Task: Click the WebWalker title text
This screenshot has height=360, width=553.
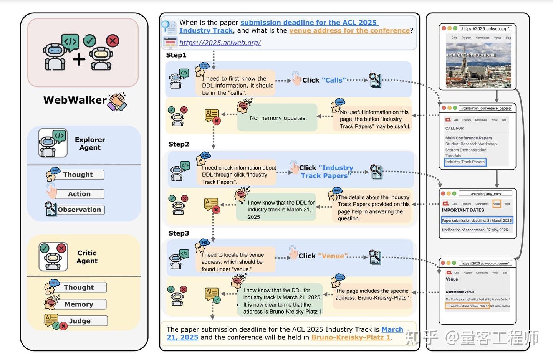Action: pyautogui.click(x=75, y=100)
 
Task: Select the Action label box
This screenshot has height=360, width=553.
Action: pyautogui.click(x=79, y=194)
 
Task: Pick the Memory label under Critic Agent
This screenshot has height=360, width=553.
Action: pyautogui.click(x=79, y=304)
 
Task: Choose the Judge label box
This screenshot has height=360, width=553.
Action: pyautogui.click(x=80, y=321)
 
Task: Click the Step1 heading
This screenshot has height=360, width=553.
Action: pyautogui.click(x=176, y=55)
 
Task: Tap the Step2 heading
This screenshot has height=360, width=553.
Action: pyautogui.click(x=179, y=144)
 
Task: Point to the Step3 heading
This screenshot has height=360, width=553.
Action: pyautogui.click(x=179, y=233)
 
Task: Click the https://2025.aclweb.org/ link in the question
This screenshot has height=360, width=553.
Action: pyautogui.click(x=220, y=43)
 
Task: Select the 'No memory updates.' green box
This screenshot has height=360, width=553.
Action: pyautogui.click(x=278, y=118)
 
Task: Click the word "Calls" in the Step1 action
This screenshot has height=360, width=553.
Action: pyautogui.click(x=334, y=80)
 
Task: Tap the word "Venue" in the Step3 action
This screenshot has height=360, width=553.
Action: pyautogui.click(x=333, y=256)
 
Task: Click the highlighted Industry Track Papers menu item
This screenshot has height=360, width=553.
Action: pyautogui.click(x=465, y=162)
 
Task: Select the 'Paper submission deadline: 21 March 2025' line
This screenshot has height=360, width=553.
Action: pyautogui.click(x=477, y=221)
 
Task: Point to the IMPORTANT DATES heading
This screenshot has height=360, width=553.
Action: pyautogui.click(x=463, y=210)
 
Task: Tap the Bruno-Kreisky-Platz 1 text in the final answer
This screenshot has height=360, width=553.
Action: pyautogui.click(x=351, y=337)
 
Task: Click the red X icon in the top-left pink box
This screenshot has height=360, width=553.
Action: pyautogui.click(x=113, y=41)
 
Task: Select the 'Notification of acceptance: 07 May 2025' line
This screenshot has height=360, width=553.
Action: pyautogui.click(x=475, y=230)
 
